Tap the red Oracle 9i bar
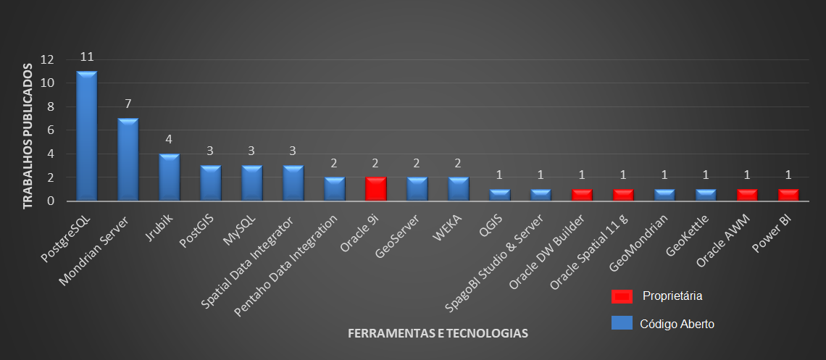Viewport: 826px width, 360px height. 375,188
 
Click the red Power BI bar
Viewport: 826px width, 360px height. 788,195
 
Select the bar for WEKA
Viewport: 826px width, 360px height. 458,188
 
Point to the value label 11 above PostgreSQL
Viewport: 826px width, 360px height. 88,57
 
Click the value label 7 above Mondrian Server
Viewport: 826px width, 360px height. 128,104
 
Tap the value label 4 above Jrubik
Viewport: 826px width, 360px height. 170,140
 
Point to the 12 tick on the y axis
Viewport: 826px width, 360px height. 48,59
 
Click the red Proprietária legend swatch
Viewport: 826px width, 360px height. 622,296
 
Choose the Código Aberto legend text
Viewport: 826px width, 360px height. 677,324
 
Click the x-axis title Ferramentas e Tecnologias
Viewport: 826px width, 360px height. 438,334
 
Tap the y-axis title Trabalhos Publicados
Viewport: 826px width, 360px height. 28,136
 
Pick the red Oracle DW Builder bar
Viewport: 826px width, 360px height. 582,195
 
